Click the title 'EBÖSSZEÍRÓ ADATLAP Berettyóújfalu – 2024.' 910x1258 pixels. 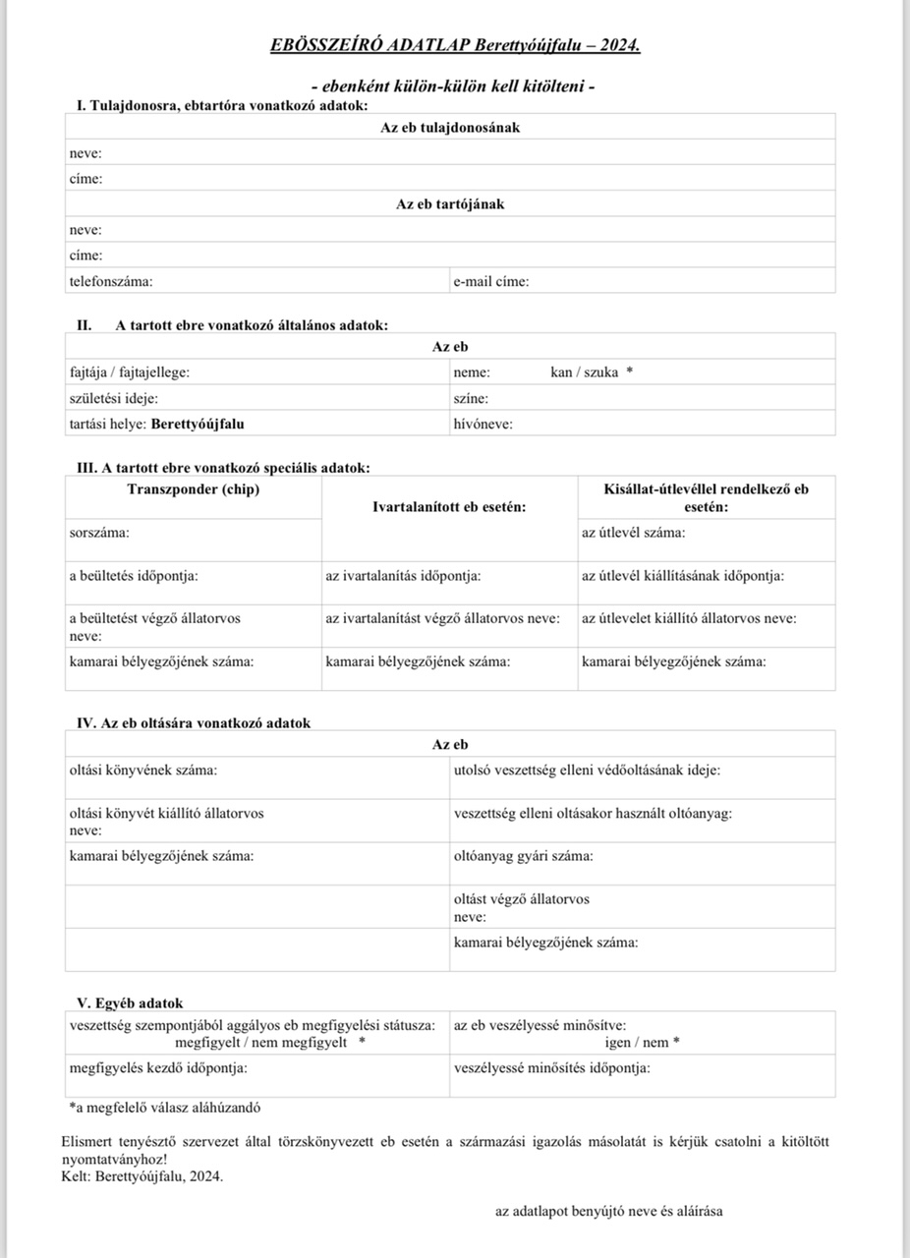[455, 45]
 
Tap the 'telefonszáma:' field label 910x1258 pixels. [111, 281]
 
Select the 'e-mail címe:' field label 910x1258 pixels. [491, 281]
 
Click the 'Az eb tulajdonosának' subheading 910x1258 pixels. [450, 128]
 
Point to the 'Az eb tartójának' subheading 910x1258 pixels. [450, 204]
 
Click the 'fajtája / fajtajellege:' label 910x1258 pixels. [130, 372]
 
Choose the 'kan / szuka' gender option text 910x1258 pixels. [585, 372]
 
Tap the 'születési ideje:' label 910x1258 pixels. [113, 398]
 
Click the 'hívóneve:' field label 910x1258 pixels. [483, 425]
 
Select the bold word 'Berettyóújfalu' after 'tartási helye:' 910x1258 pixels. [198, 425]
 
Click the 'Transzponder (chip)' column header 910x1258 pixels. [194, 489]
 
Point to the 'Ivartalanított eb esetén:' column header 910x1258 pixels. [449, 506]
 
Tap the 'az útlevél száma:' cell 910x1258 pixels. [634, 532]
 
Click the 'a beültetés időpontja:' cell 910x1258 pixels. [134, 575]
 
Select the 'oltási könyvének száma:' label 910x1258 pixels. [143, 770]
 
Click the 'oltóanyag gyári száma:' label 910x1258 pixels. [523, 856]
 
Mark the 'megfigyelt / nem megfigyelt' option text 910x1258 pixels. [261, 1042]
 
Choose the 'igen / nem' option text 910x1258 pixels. [637, 1043]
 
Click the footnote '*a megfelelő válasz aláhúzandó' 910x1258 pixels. [164, 1107]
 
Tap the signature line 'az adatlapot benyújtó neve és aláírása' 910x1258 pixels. [608, 1211]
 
